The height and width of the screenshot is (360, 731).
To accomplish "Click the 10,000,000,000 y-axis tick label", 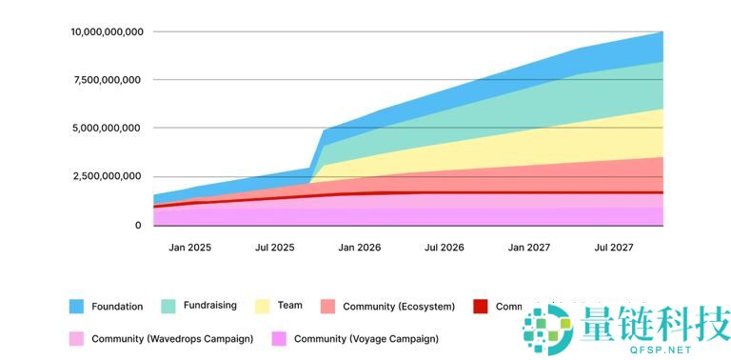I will click(x=107, y=32).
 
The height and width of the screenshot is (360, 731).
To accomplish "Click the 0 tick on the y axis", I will click(x=138, y=226).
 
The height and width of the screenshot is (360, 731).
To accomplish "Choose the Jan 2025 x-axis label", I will click(x=190, y=248).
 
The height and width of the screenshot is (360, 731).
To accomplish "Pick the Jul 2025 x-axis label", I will click(x=275, y=248).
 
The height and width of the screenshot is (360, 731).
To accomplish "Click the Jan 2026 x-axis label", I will click(x=360, y=248).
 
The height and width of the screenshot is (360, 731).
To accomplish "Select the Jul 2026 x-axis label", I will click(x=445, y=248).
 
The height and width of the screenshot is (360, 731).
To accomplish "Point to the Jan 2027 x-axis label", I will click(x=529, y=248).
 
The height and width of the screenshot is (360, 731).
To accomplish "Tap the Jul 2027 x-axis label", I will click(x=614, y=248).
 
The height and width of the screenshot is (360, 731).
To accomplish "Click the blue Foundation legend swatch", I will click(x=78, y=307).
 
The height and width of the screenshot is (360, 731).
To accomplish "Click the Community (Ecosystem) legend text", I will click(x=398, y=307).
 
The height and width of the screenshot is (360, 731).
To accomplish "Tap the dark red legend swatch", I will click(x=480, y=307).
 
